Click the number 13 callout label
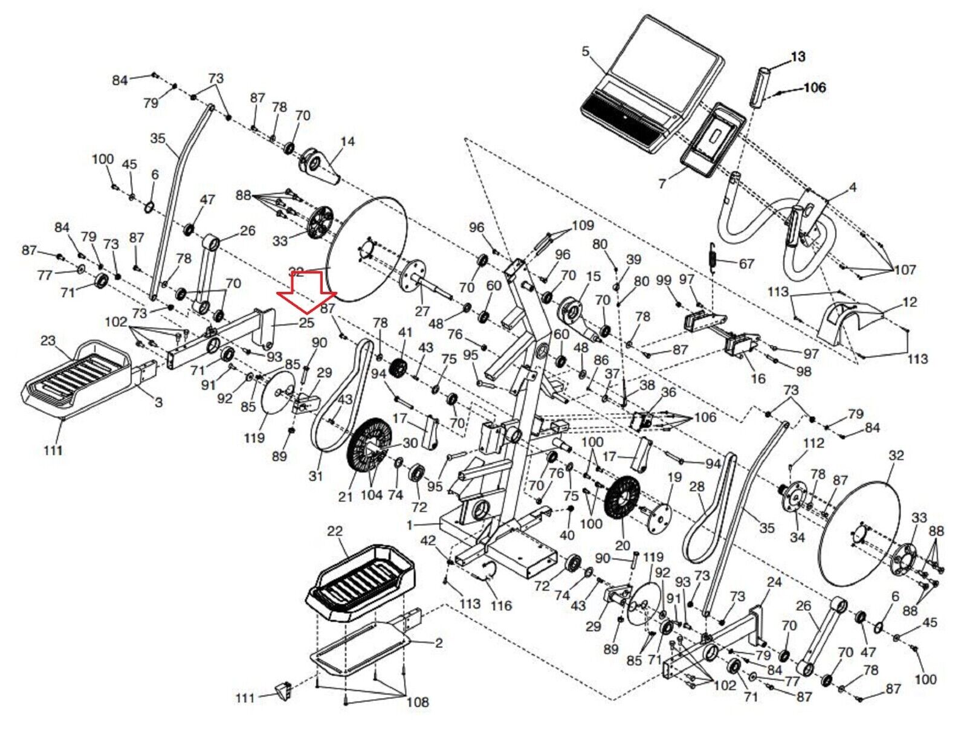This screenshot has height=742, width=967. pyautogui.click(x=798, y=57)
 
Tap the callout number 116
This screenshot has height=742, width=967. pyautogui.click(x=501, y=605)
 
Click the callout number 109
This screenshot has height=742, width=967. pyautogui.click(x=583, y=225)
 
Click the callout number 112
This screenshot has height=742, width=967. pyautogui.click(x=813, y=443)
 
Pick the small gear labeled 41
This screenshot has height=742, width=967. pyautogui.click(x=398, y=367)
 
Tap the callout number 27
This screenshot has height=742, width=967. pyautogui.click(x=422, y=311)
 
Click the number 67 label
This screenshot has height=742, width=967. pyautogui.click(x=746, y=264)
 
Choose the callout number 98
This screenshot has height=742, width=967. pyautogui.click(x=804, y=371)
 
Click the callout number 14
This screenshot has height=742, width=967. pyautogui.click(x=348, y=141)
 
